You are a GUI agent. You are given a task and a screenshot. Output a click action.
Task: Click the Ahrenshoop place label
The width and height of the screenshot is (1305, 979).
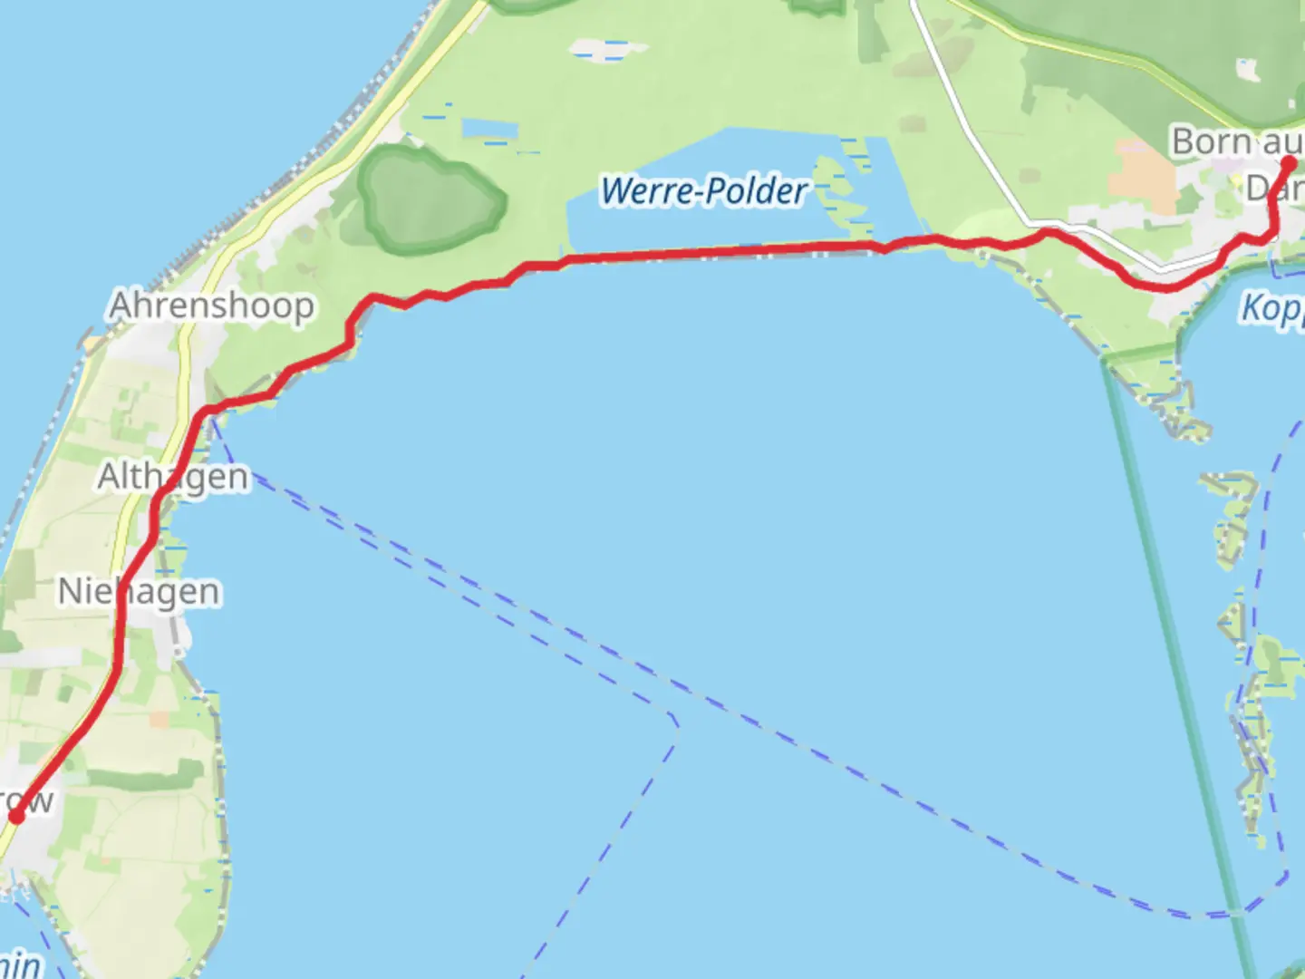(211, 306)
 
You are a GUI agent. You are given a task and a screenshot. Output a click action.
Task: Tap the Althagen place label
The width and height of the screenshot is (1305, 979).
(172, 477)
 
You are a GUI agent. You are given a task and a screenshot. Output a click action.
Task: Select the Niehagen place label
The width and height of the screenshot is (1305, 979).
(139, 592)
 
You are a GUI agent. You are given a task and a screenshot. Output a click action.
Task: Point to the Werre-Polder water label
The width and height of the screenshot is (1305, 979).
(703, 191)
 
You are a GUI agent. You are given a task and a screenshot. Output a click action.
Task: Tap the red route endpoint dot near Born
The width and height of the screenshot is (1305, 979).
(1289, 164)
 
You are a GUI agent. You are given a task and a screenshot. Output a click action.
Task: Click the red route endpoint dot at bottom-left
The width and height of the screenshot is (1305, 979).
(15, 817)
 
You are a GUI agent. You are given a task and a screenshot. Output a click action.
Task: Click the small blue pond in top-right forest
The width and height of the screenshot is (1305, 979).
(1249, 70)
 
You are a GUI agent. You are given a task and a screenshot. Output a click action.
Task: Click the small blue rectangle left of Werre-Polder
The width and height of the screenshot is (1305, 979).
(489, 129)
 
